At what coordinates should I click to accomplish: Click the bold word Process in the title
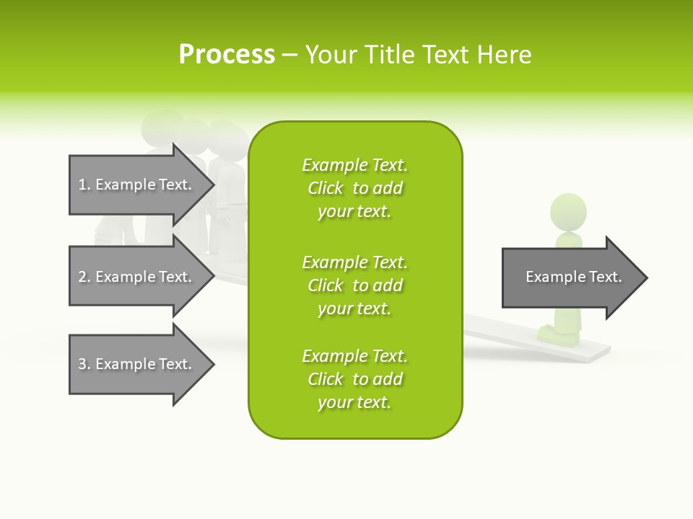227,55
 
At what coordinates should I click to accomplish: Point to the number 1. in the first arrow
84,185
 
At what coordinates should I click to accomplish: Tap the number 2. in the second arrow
84,277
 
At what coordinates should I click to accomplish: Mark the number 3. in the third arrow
84,364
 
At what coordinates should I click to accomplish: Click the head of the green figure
568,211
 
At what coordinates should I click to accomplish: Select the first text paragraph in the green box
354,188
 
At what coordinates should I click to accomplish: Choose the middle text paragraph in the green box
354,285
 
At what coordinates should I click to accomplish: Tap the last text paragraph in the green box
354,379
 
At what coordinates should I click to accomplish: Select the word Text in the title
446,55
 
